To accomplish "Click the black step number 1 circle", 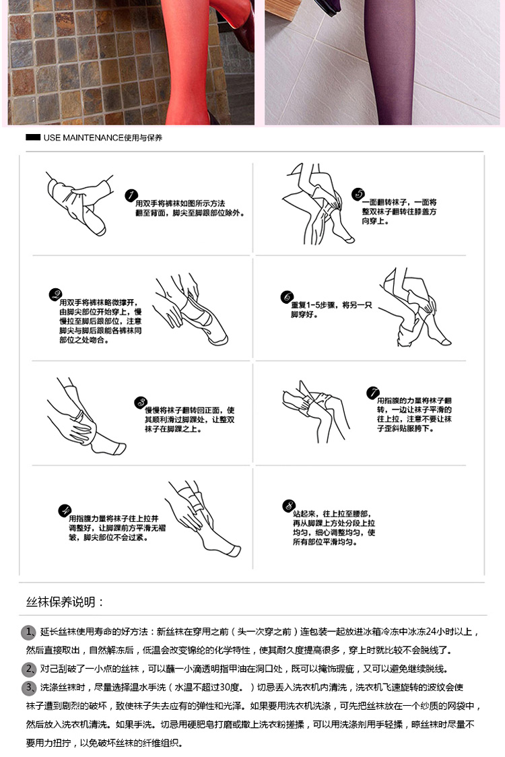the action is [131, 195].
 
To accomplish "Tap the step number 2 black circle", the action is [55, 294].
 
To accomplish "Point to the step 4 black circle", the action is [65, 511].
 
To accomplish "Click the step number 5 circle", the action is [358, 194].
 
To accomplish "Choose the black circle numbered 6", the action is [287, 297].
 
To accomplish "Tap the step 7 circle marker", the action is [373, 393].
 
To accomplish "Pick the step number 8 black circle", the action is [289, 506].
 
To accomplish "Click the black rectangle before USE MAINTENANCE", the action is [33, 137].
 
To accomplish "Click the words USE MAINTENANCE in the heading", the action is [83, 137].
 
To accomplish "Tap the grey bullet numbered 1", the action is [29, 632].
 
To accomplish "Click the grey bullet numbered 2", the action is [29, 669].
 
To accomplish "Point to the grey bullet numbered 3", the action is [29, 688].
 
